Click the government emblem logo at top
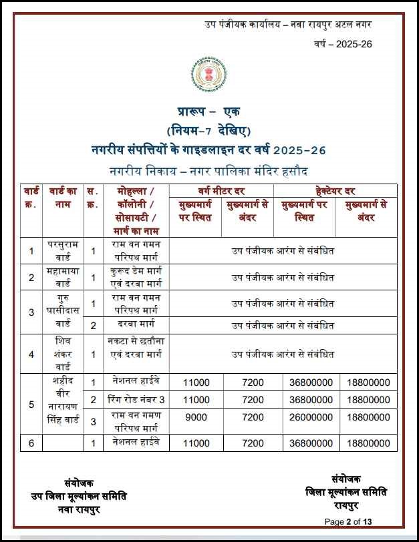pos(208,75)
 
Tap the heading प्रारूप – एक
pos(208,111)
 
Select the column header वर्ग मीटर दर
pos(221,191)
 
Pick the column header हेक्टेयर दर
pos(335,191)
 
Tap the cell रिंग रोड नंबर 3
pos(136,400)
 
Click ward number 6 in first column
pos(31,443)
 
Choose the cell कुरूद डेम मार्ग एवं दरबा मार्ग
pos(136,277)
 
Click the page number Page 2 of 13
pos(352,521)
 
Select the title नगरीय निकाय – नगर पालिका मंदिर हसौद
pos(208,171)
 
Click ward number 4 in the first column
pos(31,353)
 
